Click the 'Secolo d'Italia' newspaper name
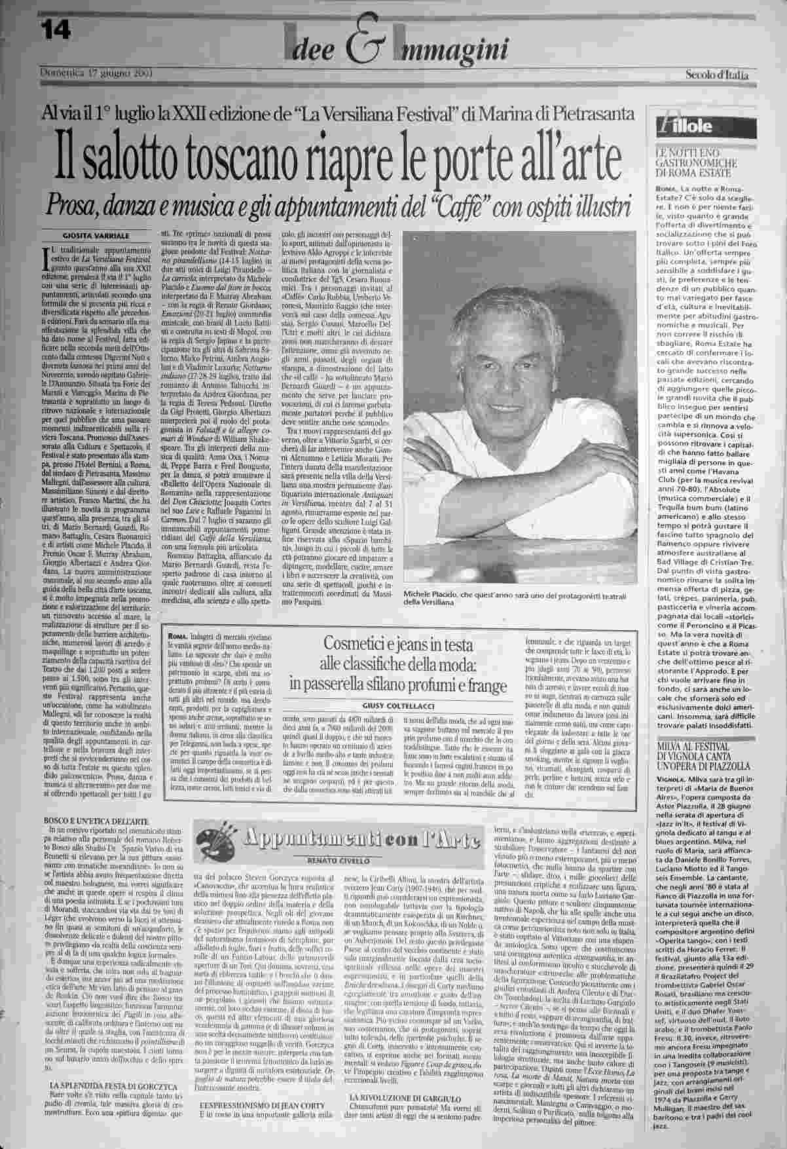pos(718,75)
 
